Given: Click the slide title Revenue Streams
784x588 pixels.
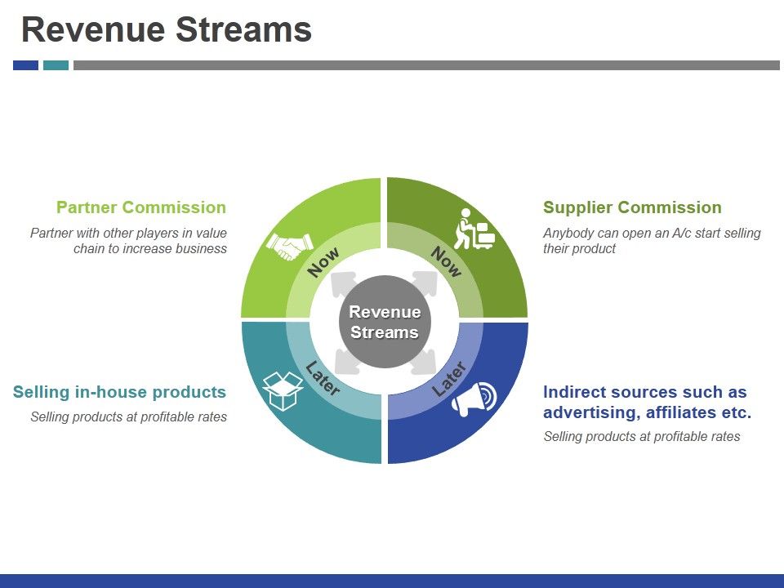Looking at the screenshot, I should point(166,30).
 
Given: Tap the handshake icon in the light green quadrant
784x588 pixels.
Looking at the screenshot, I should point(290,244).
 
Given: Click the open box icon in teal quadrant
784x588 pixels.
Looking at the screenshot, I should point(283,390).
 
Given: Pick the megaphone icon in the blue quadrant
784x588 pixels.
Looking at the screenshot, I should point(474,399).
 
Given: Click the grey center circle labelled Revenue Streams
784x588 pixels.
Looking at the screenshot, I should point(384,322).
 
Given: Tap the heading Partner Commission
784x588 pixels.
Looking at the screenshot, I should point(140,207).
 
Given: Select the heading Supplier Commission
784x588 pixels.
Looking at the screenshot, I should point(632,207).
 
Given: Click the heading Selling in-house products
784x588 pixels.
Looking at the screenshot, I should point(119,392).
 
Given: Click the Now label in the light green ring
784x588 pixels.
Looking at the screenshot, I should point(323,263).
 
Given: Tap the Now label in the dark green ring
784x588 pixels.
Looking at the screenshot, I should point(446,261).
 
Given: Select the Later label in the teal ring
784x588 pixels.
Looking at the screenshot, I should point(323,379).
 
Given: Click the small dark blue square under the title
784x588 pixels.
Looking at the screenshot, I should point(25,65).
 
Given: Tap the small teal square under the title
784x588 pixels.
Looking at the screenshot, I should point(56,65).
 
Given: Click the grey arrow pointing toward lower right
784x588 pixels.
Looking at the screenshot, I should point(424,360).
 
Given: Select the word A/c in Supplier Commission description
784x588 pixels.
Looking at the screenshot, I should point(665,233).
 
